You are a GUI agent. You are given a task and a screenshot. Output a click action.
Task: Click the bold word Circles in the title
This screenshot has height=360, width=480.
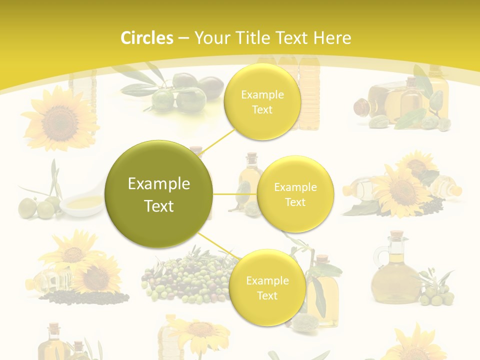(147, 38)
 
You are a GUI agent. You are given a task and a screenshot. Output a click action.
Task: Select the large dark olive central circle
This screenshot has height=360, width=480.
(159, 193)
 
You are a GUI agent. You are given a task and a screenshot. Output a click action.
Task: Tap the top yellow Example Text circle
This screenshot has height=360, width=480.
(262, 102)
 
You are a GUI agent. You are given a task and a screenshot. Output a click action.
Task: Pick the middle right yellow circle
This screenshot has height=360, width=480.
(295, 194)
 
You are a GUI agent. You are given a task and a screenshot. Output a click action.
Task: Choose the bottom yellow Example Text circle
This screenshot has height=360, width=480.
(267, 287)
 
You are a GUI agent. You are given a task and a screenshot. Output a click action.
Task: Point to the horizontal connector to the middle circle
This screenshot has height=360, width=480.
(235, 194)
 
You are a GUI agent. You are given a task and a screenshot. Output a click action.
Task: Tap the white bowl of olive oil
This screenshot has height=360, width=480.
(82, 203)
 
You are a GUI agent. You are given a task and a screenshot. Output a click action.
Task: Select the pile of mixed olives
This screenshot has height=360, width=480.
(185, 277)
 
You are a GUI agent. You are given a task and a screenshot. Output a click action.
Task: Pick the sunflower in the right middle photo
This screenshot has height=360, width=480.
(403, 190)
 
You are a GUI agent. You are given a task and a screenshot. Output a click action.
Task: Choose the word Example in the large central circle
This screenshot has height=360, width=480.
(159, 184)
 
